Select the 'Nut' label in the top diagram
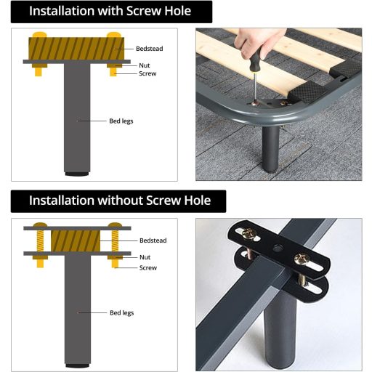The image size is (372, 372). pos(145,65)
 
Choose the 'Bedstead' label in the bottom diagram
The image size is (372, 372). pos(153,240)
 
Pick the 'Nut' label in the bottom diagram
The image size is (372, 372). pos(145,256)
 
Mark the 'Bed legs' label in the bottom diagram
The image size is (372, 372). pos(121,312)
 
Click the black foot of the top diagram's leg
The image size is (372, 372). pos(75,174)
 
